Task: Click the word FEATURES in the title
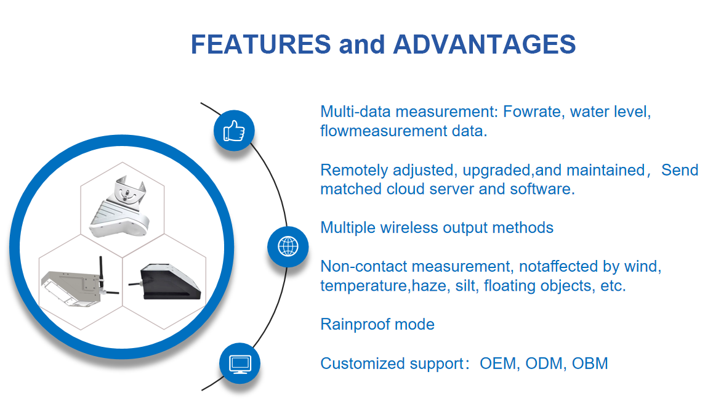(x=260, y=44)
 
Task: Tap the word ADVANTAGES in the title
(x=484, y=44)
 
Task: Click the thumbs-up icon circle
(x=234, y=131)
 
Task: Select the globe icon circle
(x=288, y=246)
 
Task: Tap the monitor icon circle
(x=240, y=363)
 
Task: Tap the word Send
(x=680, y=170)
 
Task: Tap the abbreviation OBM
(x=590, y=363)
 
